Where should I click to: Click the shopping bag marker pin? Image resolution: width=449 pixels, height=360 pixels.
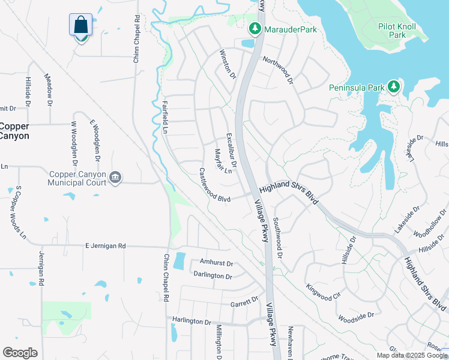point(81,26)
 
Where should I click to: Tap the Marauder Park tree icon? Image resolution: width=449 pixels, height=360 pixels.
point(255,28)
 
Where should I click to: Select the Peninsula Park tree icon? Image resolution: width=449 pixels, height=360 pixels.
point(394,88)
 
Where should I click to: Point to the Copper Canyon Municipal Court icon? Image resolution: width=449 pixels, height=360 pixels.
point(116,177)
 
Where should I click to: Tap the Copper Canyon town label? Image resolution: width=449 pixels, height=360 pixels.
point(14,131)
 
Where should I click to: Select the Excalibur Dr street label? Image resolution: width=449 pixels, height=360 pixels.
point(232,150)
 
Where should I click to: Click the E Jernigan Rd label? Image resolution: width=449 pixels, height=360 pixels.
point(106,246)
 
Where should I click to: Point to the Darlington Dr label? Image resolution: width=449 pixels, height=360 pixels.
point(212,276)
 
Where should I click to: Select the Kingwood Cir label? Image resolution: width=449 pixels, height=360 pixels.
point(323,292)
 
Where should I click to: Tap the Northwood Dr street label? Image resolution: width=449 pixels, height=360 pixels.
point(277,70)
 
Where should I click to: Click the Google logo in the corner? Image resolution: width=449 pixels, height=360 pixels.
point(20,353)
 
